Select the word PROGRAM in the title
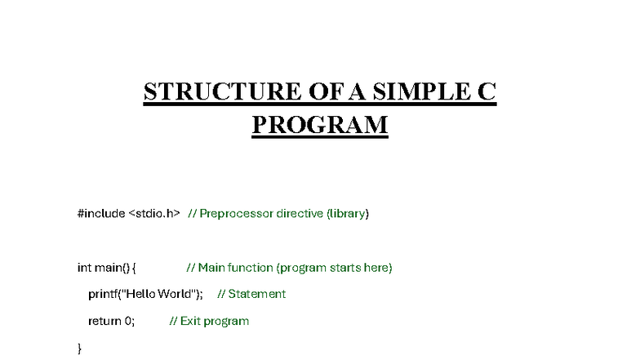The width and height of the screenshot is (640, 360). pyautogui.click(x=319, y=125)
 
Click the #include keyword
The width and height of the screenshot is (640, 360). pyautogui.click(x=100, y=214)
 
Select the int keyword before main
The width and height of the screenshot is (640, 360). pyautogui.click(x=84, y=268)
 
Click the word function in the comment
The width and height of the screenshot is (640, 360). pyautogui.click(x=250, y=268)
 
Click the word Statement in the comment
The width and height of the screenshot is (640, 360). pyautogui.click(x=256, y=294)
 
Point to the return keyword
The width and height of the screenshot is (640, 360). pyautogui.click(x=104, y=321)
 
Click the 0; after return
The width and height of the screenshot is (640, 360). pyautogui.click(x=129, y=321)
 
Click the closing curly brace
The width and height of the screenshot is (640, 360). pyautogui.click(x=80, y=349)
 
